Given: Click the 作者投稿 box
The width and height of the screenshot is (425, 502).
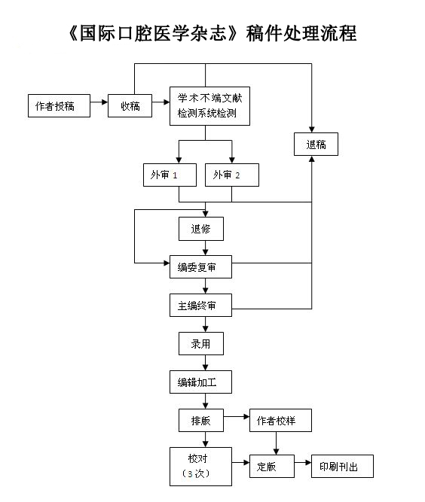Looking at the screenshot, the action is [x=59, y=105].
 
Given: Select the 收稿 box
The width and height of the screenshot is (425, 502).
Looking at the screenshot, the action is [x=130, y=105].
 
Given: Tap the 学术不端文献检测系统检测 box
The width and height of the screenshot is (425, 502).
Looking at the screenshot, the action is [x=209, y=106].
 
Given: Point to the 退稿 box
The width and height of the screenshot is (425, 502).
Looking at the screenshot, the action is [x=316, y=144].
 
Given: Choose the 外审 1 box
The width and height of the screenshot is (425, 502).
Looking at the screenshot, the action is [x=170, y=175].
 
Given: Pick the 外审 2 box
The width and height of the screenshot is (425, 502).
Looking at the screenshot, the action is [x=232, y=175].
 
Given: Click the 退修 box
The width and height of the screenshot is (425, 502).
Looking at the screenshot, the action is [x=201, y=229].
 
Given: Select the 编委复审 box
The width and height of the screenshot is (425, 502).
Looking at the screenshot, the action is [x=200, y=266].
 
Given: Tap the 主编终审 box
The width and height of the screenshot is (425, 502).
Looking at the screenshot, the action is [x=200, y=306].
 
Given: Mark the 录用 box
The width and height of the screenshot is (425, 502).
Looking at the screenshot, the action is [x=201, y=343].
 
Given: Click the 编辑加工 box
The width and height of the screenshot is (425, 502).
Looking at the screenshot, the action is [x=200, y=382].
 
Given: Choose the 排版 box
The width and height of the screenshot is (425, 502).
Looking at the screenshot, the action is [x=201, y=421].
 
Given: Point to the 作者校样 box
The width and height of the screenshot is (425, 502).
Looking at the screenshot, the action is [x=280, y=421].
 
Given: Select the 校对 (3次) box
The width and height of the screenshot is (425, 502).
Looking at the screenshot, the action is [x=200, y=467].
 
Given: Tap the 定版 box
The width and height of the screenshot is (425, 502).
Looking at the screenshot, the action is [x=272, y=466].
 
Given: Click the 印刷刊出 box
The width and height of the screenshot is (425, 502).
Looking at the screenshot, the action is [x=342, y=466].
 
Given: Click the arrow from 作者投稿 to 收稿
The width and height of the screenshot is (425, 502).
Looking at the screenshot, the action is [x=99, y=102].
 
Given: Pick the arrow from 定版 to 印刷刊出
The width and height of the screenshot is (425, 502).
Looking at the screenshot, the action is [x=303, y=463].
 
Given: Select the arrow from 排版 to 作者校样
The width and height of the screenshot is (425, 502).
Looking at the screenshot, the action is [x=237, y=416].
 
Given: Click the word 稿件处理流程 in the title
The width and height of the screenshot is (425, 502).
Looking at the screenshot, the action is [x=301, y=33].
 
